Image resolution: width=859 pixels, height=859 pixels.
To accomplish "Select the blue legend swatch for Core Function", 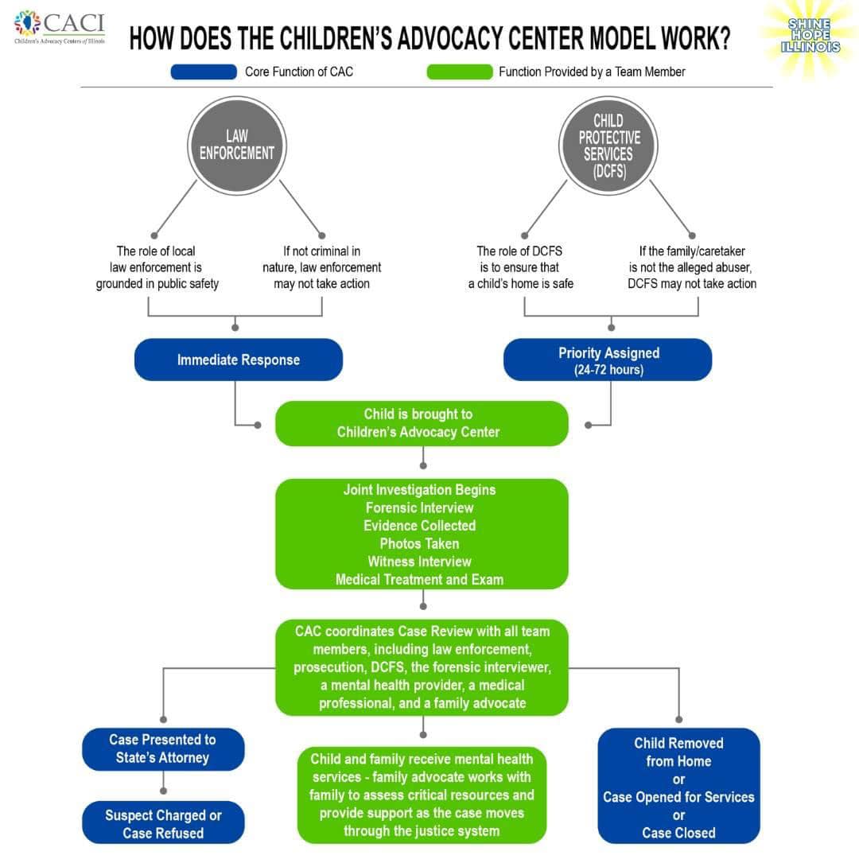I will (x=204, y=72).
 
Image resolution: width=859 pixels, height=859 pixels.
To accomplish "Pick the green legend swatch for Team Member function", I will (x=459, y=72).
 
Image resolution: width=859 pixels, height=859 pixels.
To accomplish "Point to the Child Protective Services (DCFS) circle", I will (x=609, y=145).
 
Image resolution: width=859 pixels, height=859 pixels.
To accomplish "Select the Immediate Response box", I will (x=239, y=360).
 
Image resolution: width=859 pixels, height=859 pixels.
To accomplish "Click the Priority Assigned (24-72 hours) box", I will (x=608, y=360).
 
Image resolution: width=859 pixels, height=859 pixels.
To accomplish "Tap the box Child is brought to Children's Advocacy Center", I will (x=422, y=423).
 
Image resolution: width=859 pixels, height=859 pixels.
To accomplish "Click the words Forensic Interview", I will (x=420, y=507).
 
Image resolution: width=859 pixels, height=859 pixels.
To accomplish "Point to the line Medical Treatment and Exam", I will (x=420, y=580).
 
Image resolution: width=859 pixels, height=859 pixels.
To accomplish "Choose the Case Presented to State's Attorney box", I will (x=163, y=748).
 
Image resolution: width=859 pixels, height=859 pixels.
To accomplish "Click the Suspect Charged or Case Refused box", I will (x=163, y=823).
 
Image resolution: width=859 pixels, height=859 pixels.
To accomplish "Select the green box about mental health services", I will (x=422, y=794).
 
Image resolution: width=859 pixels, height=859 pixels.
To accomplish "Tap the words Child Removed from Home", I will (x=678, y=752).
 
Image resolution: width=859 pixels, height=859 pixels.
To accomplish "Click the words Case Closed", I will (x=678, y=833).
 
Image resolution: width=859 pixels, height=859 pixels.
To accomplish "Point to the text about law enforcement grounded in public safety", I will (x=157, y=267).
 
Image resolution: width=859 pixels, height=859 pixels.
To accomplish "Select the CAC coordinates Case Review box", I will (x=422, y=667).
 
